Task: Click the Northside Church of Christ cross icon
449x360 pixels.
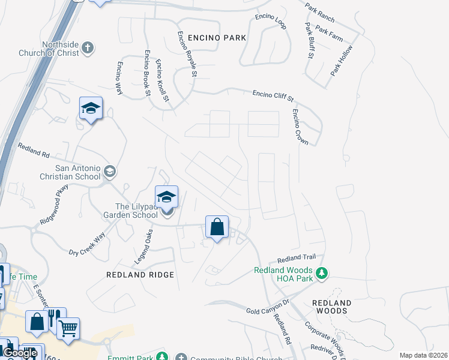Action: [88, 47]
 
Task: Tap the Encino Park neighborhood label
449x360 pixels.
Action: [217, 38]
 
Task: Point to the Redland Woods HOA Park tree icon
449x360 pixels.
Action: [322, 274]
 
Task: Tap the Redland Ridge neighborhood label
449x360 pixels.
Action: [140, 275]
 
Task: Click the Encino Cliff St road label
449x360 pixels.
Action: [273, 95]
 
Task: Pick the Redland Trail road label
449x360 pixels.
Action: [292, 259]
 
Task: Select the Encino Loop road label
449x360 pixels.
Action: [271, 21]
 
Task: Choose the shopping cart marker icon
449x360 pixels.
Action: [68, 328]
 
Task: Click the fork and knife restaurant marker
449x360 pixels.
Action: [54, 317]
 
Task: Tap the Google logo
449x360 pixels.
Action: [20, 353]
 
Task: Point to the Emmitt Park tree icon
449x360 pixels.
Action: [161, 357]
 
